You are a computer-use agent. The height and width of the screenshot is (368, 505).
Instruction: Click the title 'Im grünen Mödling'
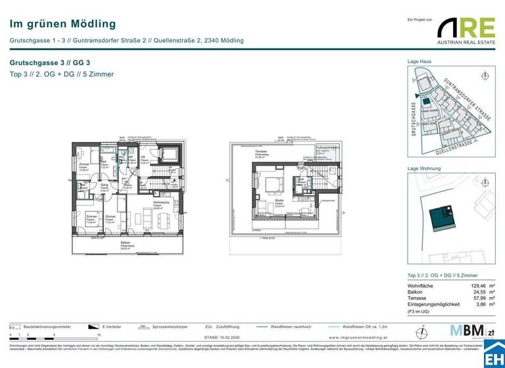[x=62, y=24]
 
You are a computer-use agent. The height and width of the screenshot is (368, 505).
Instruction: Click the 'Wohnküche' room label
[x=144, y=204]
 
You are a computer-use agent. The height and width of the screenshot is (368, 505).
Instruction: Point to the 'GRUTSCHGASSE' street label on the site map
[x=414, y=118]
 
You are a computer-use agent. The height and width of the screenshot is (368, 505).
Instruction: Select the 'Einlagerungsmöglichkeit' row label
[x=433, y=305]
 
